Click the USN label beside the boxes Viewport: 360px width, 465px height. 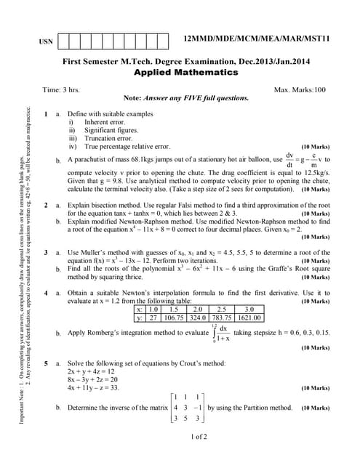coord(44,42)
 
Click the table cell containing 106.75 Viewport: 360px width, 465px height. coord(175,318)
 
